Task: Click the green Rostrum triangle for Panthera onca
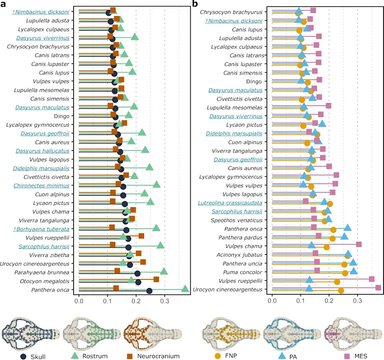185,288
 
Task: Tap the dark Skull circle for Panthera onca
149,291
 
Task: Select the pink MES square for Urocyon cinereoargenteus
378,288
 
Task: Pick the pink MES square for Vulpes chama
359,244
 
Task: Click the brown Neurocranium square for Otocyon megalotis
156,279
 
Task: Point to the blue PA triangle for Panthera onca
348,228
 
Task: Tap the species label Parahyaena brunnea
42,272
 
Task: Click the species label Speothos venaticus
236,220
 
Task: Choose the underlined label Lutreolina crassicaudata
230,203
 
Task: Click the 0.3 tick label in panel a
164,301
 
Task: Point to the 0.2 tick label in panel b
329,301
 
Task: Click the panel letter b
195,4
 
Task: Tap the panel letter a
3,4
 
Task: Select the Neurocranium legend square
130,356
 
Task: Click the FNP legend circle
218,356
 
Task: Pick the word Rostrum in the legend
95,356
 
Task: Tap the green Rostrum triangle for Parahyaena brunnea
164,271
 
